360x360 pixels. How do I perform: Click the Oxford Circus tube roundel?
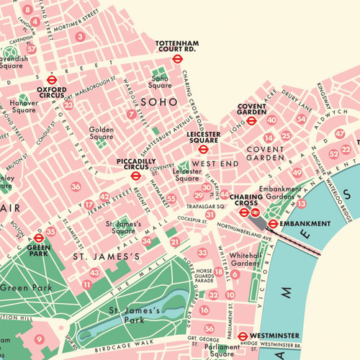[x=51, y=81]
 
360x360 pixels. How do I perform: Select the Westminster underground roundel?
[x=243, y=336]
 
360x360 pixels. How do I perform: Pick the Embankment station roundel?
[x=274, y=225]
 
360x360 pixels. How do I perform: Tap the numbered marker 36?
[x=76, y=187]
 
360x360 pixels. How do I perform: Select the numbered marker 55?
[x=171, y=197]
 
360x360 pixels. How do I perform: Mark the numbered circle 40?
[x=271, y=120]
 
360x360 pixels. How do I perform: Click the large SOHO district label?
[x=158, y=102]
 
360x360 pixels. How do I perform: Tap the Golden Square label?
[x=102, y=133]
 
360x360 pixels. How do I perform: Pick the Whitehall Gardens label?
[x=245, y=259]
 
